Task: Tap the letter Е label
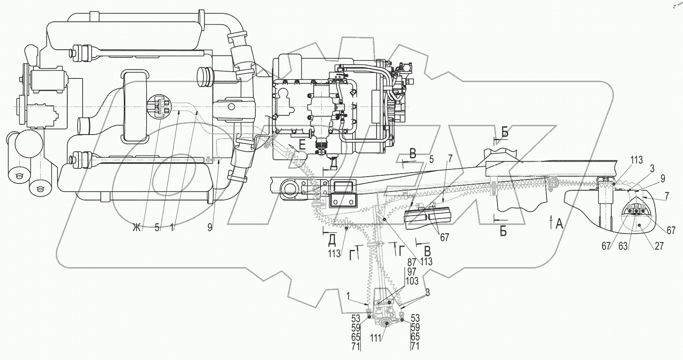[x=302, y=146]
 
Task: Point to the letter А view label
[x=559, y=223]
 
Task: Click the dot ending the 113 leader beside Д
[x=346, y=227]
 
